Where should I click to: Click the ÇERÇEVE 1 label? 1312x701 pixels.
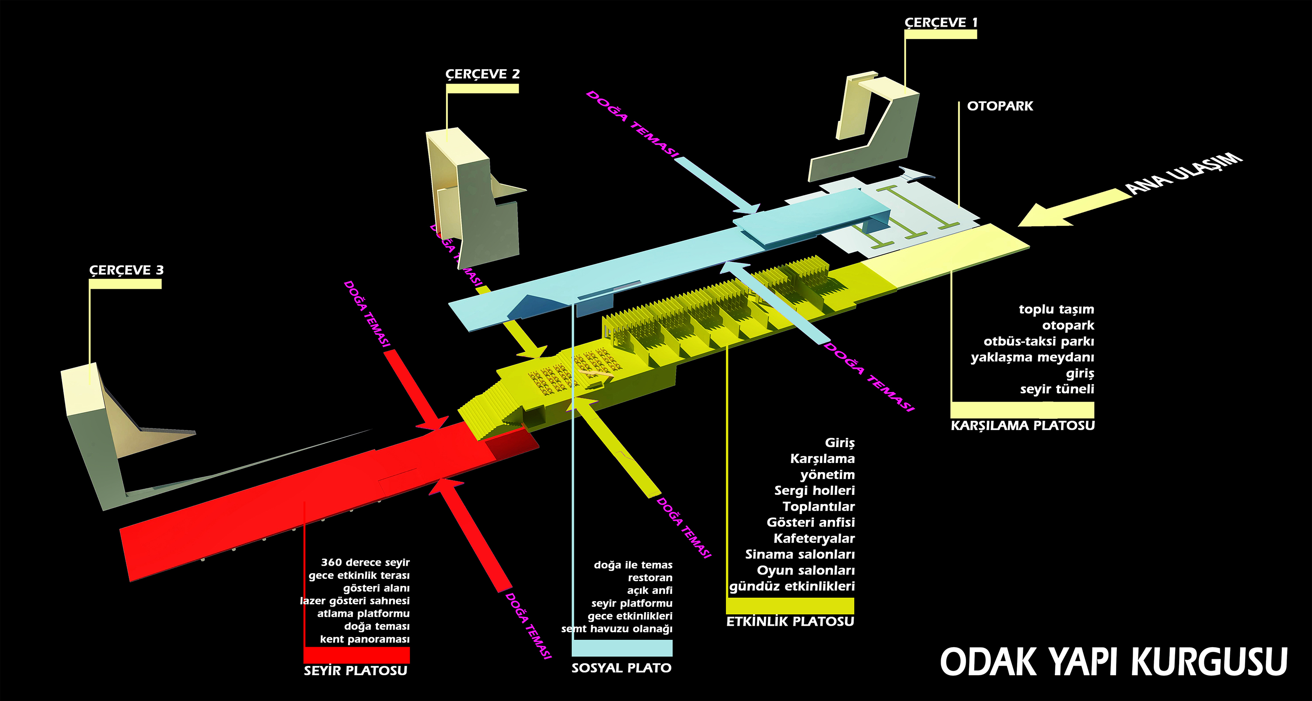[941, 22]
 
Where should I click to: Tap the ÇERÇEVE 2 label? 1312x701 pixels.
[482, 74]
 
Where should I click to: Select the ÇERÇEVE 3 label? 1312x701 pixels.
[126, 270]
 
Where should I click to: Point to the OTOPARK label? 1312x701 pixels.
[1000, 106]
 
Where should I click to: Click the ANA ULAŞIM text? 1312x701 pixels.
[1184, 173]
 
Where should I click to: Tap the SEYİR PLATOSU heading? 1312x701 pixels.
[356, 670]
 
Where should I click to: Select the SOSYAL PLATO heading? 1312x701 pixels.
[621, 668]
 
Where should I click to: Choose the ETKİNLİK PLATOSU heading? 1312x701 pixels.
[790, 621]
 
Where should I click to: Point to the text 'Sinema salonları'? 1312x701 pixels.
[799, 554]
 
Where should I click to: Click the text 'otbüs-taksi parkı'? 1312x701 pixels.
[1039, 341]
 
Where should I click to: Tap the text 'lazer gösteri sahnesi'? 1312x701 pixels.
[355, 601]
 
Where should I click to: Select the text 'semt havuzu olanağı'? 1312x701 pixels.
[617, 629]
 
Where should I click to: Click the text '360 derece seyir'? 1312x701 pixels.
[365, 562]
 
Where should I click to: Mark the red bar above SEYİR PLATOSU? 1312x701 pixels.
[356, 655]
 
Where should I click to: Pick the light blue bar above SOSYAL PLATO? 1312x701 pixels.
[622, 648]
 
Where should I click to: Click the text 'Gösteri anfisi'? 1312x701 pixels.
[810, 522]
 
